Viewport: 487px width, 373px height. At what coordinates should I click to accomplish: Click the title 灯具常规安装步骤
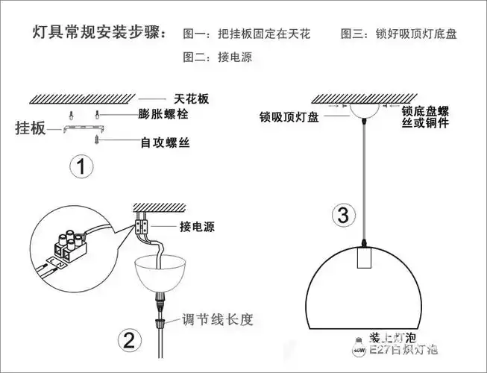[x=99, y=34]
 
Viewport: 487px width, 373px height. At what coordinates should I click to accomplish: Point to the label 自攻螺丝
[x=164, y=140]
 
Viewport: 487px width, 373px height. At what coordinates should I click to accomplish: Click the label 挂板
[x=31, y=128]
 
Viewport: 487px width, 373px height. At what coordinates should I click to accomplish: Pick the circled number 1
[x=81, y=166]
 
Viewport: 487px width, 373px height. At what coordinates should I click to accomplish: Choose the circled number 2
[x=129, y=341]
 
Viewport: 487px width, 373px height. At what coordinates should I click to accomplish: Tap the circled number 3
[x=342, y=216]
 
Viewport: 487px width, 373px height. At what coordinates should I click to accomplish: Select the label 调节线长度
[x=219, y=320]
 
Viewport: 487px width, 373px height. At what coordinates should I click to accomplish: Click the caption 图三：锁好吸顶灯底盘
[x=399, y=34]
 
